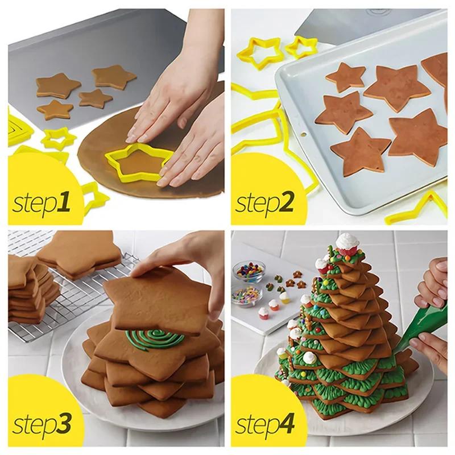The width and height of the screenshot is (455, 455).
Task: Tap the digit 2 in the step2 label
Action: pos(289,201)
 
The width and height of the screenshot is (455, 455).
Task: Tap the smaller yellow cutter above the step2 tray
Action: pos(301,47)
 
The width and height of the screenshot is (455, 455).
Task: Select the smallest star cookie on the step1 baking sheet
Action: pos(95,98)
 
